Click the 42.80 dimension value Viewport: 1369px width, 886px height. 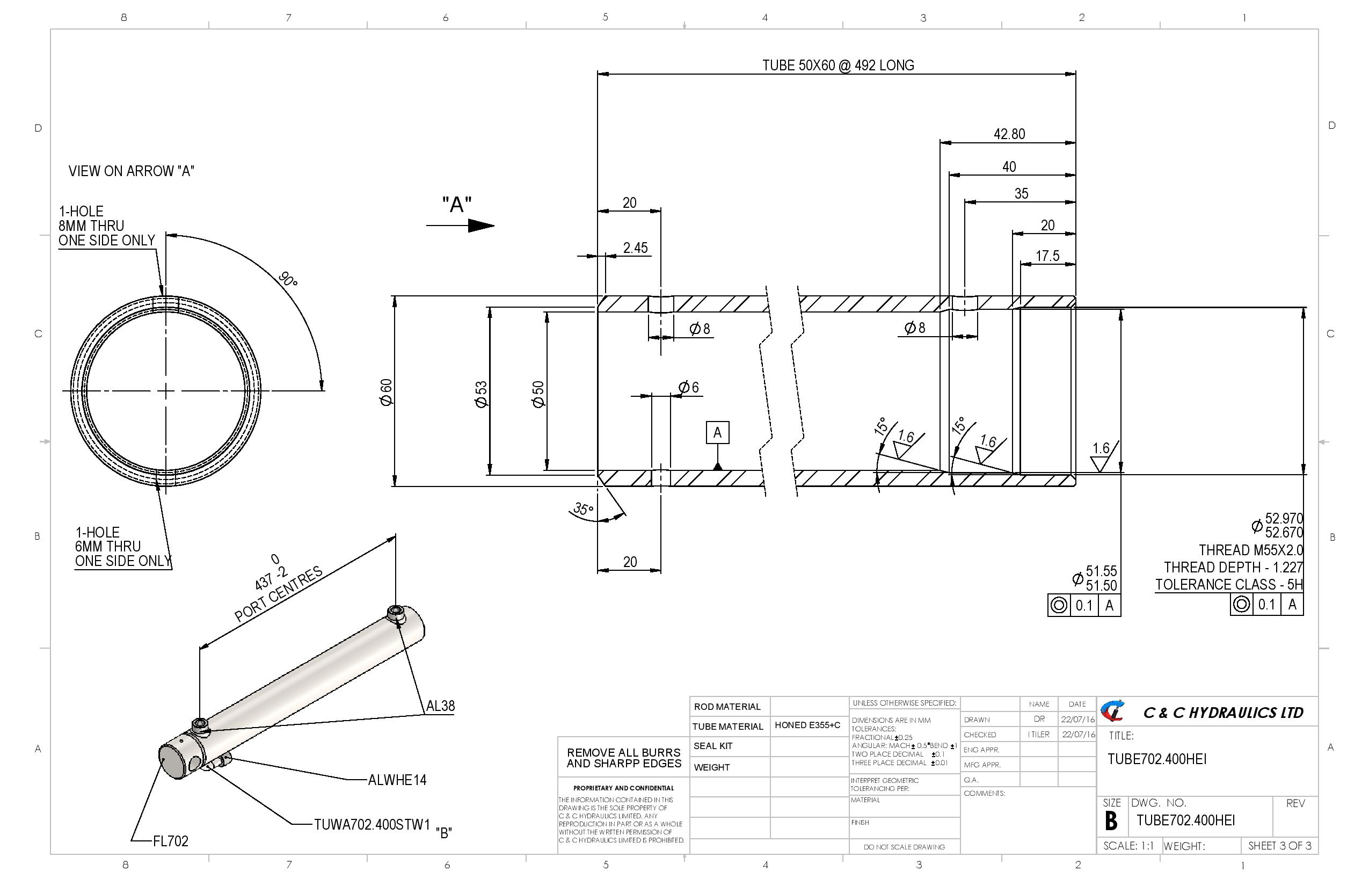[x=1009, y=134]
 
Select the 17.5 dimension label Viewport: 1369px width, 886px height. [x=1047, y=256]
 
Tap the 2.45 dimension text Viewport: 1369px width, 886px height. [x=635, y=248]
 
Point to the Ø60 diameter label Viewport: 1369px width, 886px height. [x=387, y=393]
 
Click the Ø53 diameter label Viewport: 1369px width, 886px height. [x=481, y=394]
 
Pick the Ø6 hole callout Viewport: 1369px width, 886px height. [x=688, y=387]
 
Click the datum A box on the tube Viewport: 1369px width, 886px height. [x=717, y=433]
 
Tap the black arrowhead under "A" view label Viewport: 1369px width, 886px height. [x=481, y=226]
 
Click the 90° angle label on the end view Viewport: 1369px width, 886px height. [x=288, y=280]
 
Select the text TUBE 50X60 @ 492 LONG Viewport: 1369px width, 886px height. [x=838, y=66]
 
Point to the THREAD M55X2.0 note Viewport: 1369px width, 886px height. [x=1250, y=550]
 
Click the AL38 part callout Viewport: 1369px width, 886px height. [x=440, y=706]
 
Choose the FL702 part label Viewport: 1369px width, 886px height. [x=170, y=841]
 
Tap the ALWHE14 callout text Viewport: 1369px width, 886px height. [x=397, y=780]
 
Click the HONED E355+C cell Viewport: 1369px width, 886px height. [x=807, y=725]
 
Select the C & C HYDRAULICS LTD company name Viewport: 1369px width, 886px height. [x=1223, y=713]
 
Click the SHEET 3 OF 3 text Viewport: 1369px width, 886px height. [x=1279, y=846]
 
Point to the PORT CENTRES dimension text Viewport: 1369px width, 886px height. [x=279, y=594]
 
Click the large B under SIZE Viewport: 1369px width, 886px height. [x=1111, y=822]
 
